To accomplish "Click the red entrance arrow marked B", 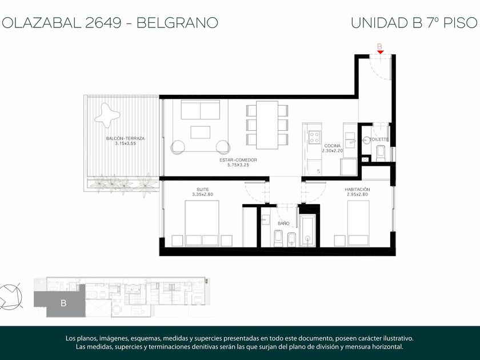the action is pyautogui.click(x=380, y=52).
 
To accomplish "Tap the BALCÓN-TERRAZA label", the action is pyautogui.click(x=125, y=138).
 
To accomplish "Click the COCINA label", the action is pyautogui.click(x=333, y=146).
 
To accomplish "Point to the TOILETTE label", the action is pyautogui.click(x=379, y=139).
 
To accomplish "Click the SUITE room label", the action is pyautogui.click(x=203, y=190).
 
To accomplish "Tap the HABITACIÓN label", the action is pyautogui.click(x=357, y=190).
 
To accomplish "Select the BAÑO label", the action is pyautogui.click(x=283, y=223).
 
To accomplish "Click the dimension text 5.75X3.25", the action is pyautogui.click(x=238, y=165).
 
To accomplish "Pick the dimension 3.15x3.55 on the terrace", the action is pyautogui.click(x=125, y=143).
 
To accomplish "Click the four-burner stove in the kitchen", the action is pyautogui.click(x=315, y=138).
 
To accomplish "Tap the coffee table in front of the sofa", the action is pyautogui.click(x=200, y=132).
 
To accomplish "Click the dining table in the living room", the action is pyautogui.click(x=267, y=125).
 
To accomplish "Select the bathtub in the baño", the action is pyautogui.click(x=307, y=230).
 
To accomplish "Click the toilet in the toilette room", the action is pyautogui.click(x=381, y=153).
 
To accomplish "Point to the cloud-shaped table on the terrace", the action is pyautogui.click(x=107, y=115).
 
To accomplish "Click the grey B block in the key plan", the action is pyautogui.click(x=59, y=303).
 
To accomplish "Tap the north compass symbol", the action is pyautogui.click(x=11, y=296).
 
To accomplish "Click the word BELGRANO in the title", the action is pyautogui.click(x=177, y=23).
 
